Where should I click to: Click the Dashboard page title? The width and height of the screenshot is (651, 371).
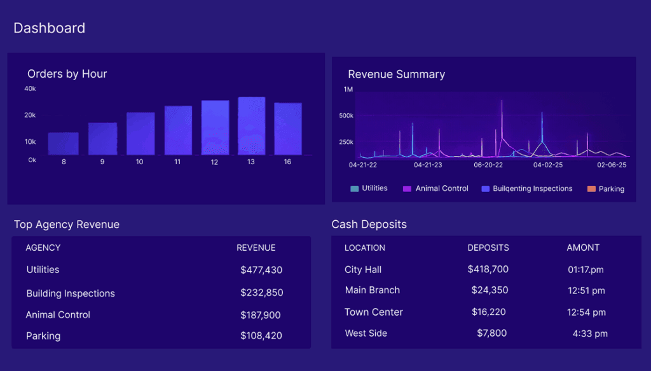(49, 28)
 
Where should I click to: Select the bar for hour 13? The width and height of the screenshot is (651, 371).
(251, 126)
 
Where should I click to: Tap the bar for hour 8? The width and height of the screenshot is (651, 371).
(64, 143)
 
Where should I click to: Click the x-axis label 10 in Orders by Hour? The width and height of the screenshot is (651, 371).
(139, 162)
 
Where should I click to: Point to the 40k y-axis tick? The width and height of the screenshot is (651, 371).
(30, 89)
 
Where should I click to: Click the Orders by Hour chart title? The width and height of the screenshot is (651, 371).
(67, 74)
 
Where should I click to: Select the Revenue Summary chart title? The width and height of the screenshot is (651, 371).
(396, 74)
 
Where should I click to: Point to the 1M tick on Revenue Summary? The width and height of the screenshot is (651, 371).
(348, 90)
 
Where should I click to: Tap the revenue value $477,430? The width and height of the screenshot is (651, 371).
(261, 270)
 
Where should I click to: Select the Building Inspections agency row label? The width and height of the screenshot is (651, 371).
(71, 293)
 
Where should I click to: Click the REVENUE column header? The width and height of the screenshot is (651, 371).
(256, 248)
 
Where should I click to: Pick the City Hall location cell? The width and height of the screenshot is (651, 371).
(363, 270)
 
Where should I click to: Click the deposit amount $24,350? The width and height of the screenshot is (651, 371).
(490, 290)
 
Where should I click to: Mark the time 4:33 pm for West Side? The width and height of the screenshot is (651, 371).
(590, 333)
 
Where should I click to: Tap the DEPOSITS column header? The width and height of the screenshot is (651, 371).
(488, 248)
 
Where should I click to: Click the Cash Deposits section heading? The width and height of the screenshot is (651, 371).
(369, 224)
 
